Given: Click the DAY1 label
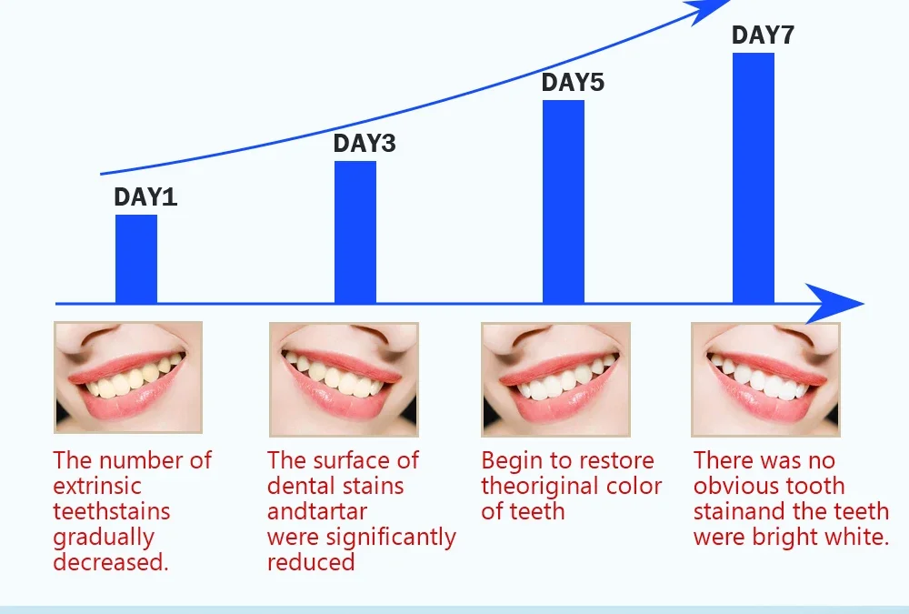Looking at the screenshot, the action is click(x=145, y=196).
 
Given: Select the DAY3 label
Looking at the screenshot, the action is click(x=365, y=144).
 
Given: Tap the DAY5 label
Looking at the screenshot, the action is click(x=573, y=83).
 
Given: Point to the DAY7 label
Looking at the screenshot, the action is click(x=763, y=35).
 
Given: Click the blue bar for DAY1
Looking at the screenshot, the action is click(x=136, y=259).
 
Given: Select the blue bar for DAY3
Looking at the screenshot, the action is click(x=355, y=232).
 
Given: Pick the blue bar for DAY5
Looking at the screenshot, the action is click(x=564, y=201).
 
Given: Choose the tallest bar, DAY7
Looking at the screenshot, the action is click(x=754, y=177).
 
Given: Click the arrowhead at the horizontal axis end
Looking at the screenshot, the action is click(x=834, y=304).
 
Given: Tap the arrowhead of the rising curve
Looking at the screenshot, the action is click(x=708, y=9).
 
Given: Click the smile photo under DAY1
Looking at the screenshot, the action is click(x=128, y=377).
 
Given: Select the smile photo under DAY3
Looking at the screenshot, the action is click(x=344, y=379).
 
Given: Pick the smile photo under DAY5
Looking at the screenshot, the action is click(x=556, y=379).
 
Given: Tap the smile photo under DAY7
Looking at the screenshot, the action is click(x=765, y=379).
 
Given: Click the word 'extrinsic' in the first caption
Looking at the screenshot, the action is click(x=97, y=487).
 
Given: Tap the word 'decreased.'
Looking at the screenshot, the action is click(x=111, y=562).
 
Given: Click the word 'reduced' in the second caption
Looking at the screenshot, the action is click(x=311, y=562).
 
